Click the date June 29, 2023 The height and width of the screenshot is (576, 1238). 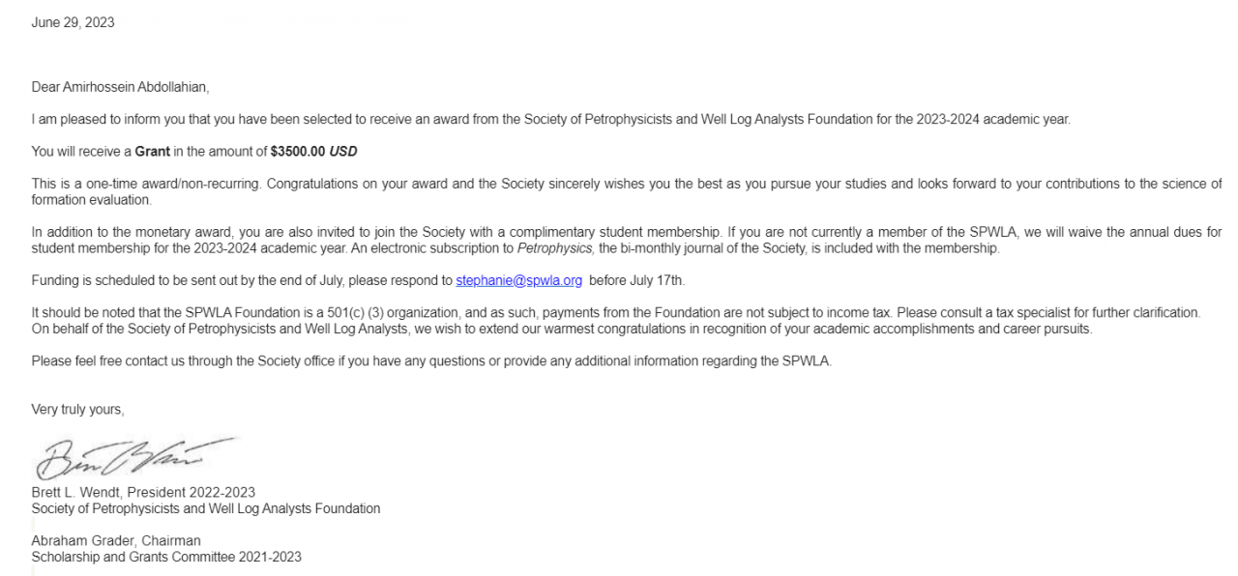click(73, 22)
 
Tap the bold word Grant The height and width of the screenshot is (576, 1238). click(152, 152)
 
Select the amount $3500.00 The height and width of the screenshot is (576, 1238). click(298, 152)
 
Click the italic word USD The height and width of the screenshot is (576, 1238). click(343, 152)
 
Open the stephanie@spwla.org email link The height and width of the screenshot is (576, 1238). click(518, 281)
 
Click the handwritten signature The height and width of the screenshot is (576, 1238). click(135, 457)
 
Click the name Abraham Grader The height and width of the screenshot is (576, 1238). click(81, 540)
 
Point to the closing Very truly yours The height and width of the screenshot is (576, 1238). click(77, 410)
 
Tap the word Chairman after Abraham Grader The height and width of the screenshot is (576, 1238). click(170, 540)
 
